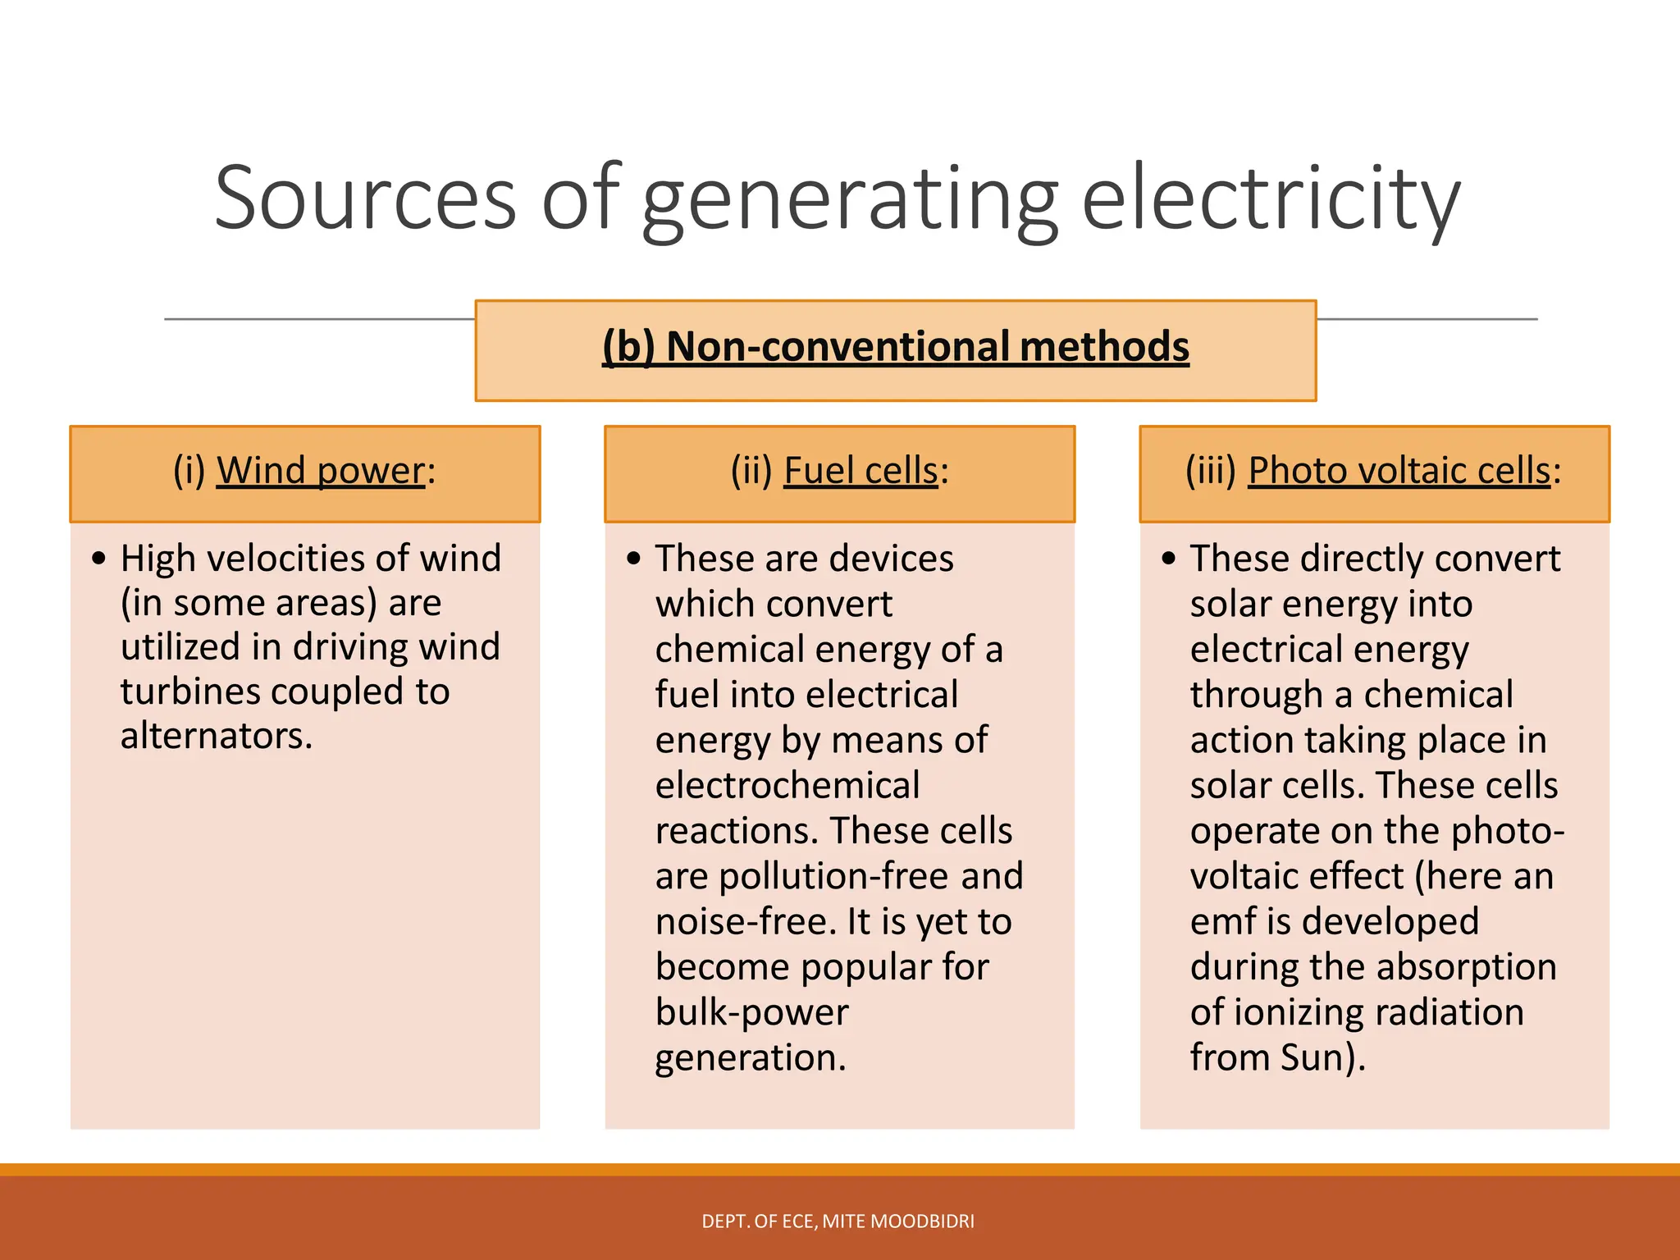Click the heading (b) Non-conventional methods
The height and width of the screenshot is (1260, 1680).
[x=895, y=347]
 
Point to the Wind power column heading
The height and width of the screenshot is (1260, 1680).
[x=321, y=472]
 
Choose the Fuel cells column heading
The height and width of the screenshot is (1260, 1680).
[x=861, y=472]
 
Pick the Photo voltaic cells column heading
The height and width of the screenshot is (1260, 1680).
[x=1399, y=472]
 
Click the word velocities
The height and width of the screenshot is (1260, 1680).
[x=286, y=559]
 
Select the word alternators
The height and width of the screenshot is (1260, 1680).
[x=216, y=737]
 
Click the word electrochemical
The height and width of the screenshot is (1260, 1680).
[x=787, y=786]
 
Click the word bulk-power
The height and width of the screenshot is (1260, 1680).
[x=751, y=1013]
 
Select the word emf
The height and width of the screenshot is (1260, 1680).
[x=1222, y=922]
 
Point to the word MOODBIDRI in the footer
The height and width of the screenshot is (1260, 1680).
[x=923, y=1221]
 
